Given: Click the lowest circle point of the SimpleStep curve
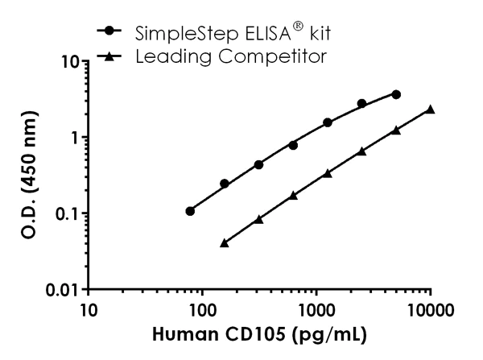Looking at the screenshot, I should coord(190,211).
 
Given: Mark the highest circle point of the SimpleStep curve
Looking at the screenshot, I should coord(396,94).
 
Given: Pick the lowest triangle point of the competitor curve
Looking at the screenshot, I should coord(225,242).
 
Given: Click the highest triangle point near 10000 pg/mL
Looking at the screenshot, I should coord(431,109).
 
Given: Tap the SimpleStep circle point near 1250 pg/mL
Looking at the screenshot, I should coord(328,122).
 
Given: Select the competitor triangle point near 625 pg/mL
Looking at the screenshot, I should coord(293,195).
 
